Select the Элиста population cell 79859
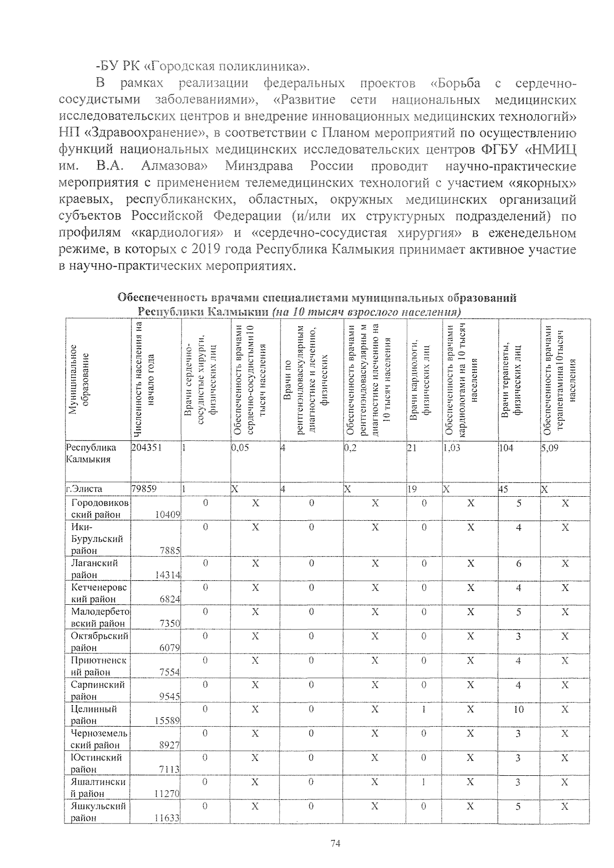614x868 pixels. click(144, 489)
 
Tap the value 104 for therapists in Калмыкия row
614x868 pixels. click(506, 447)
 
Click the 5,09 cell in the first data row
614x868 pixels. click(550, 447)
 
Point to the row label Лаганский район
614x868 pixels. click(95, 569)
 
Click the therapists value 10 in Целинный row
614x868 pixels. click(518, 709)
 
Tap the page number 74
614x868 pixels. click(335, 844)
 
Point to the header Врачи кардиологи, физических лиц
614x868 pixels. click(423, 379)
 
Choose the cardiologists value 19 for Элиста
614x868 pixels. click(412, 489)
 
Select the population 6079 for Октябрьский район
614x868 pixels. click(169, 648)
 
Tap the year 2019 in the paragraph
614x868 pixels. click(210, 250)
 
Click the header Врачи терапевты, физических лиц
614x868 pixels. click(518, 379)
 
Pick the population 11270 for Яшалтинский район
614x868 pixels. click(167, 794)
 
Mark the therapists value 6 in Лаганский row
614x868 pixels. click(518, 563)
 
